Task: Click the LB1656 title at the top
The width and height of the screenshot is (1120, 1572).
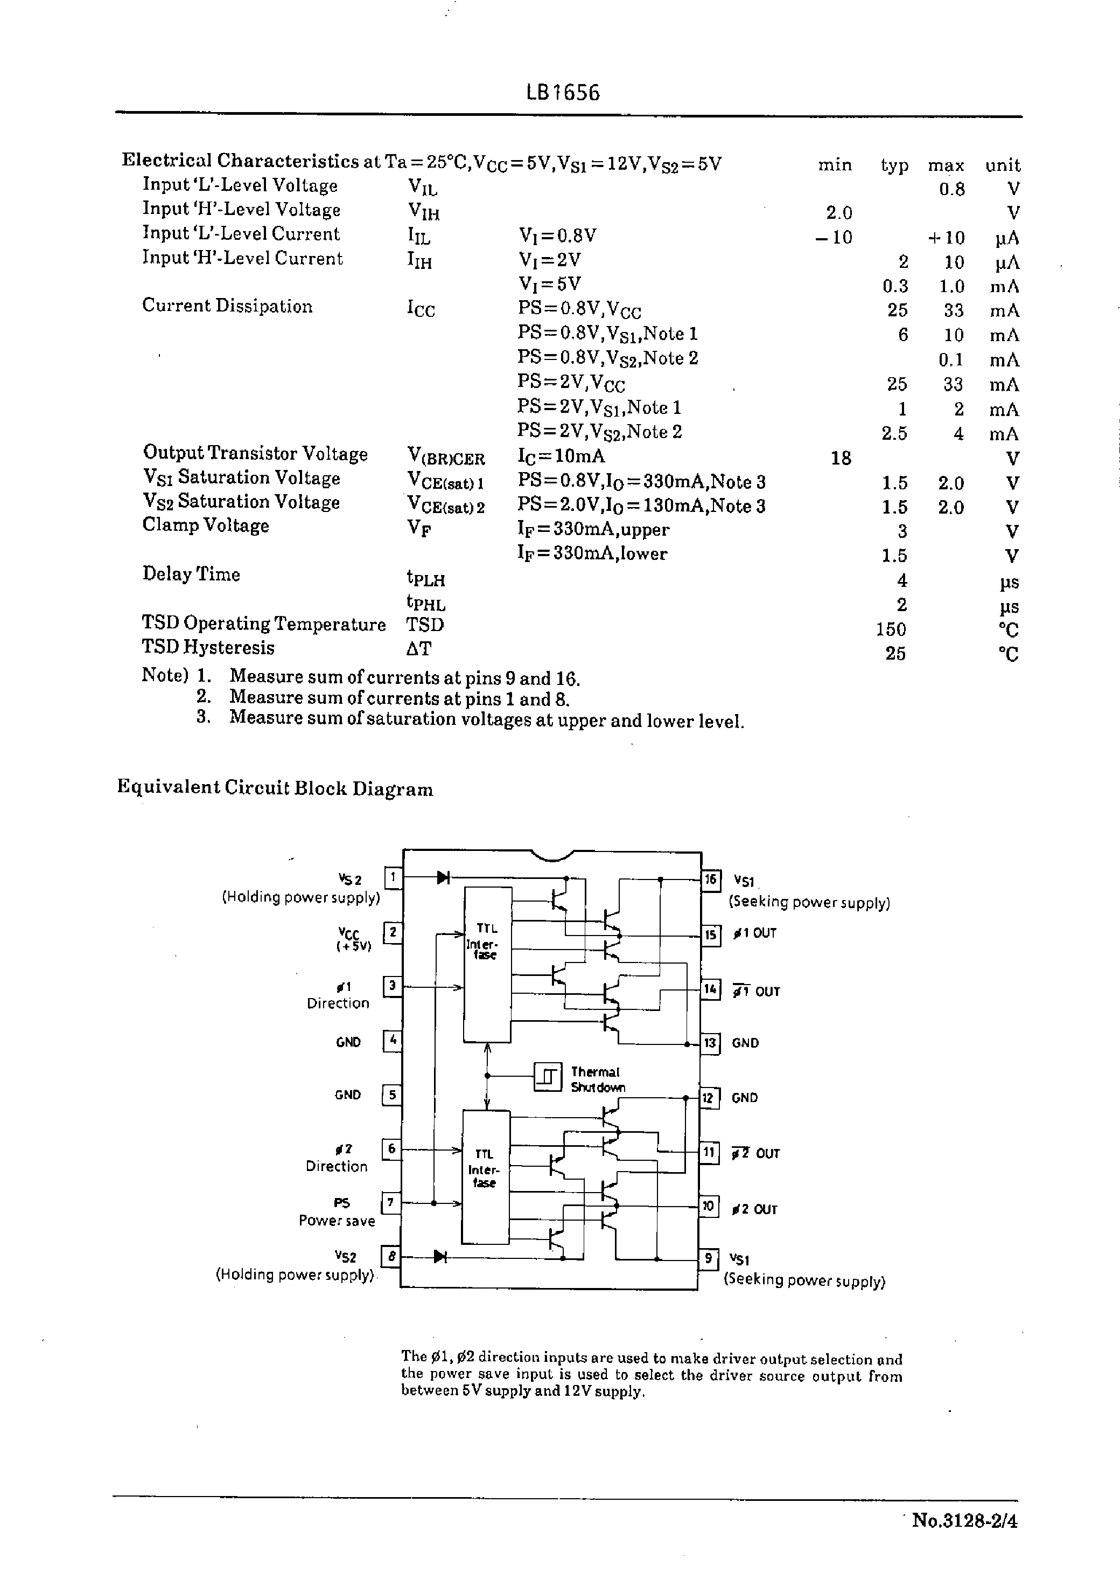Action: [563, 93]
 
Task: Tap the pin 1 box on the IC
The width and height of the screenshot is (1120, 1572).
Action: [393, 878]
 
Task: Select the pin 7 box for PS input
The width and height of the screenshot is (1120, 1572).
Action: [390, 1203]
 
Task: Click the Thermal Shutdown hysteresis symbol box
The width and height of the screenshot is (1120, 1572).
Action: [548, 1077]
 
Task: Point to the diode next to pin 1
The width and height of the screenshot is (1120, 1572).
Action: [443, 878]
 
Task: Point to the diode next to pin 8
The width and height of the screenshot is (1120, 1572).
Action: [440, 1257]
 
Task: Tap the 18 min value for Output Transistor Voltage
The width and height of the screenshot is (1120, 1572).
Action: [841, 458]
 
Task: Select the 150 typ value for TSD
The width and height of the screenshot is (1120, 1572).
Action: [891, 629]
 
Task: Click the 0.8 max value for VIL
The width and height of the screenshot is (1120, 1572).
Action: [951, 189]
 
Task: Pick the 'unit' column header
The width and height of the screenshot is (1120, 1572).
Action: [1002, 165]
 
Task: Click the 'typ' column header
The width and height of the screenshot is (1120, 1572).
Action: [894, 165]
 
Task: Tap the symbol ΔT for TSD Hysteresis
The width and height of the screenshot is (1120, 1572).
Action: [418, 649]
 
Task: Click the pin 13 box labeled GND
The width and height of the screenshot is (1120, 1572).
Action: [710, 1043]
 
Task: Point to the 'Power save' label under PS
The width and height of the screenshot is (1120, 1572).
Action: [337, 1220]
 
